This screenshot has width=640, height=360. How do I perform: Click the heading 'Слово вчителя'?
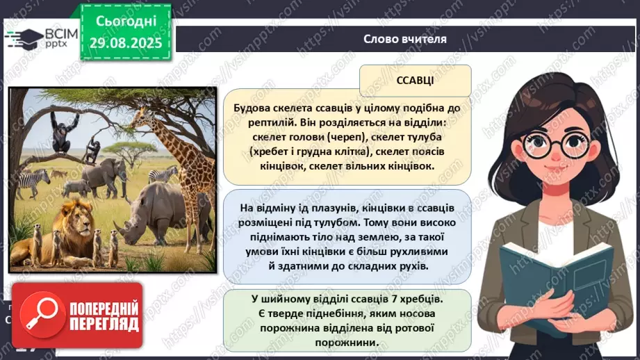[x=404, y=39]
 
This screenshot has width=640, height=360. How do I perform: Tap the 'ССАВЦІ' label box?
[x=416, y=81]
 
